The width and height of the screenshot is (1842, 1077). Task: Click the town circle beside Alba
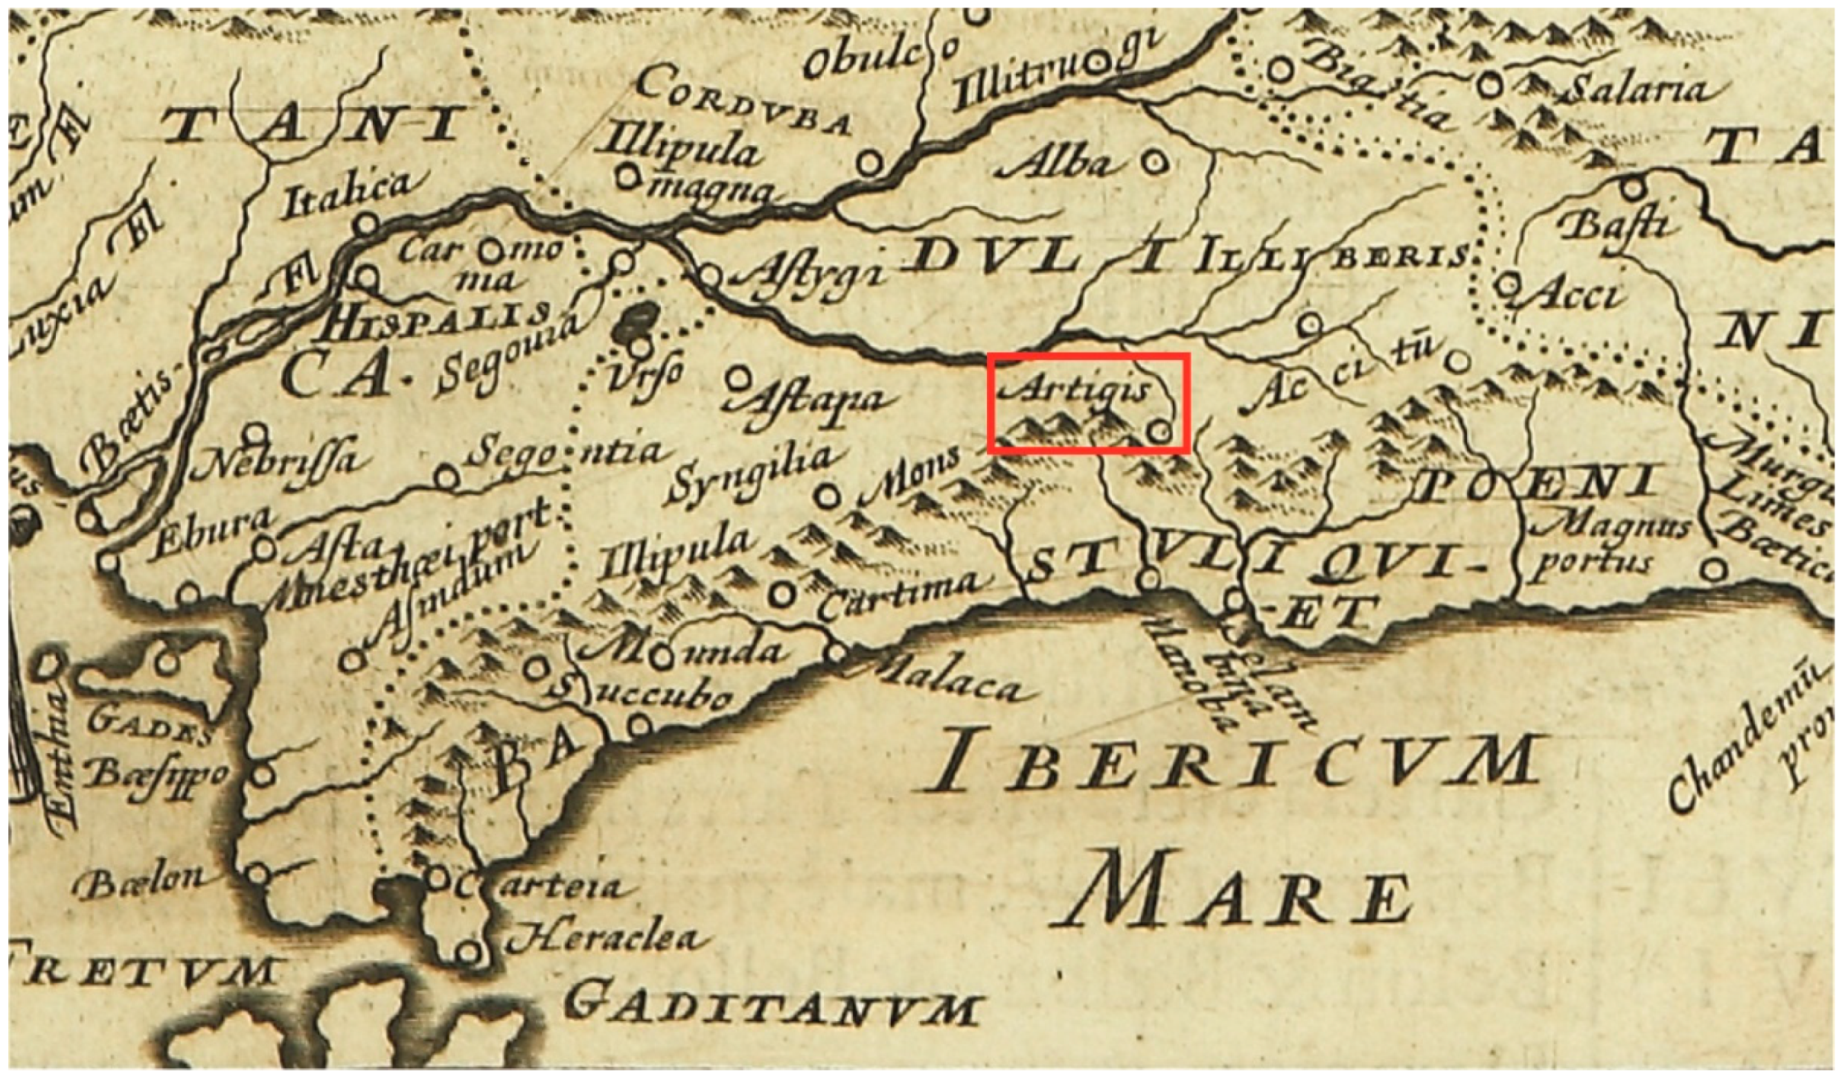click(x=1154, y=160)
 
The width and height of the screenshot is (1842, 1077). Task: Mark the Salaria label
click(x=1637, y=91)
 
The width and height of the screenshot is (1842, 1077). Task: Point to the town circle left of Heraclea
click(x=467, y=952)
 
